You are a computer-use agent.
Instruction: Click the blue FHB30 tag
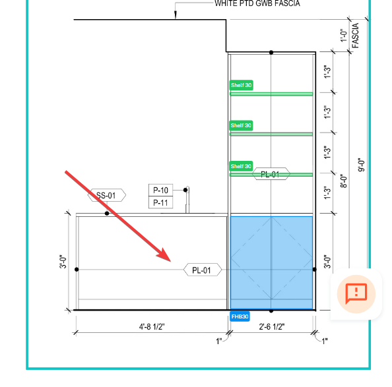[x=240, y=316]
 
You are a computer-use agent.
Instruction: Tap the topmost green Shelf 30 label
[x=241, y=85]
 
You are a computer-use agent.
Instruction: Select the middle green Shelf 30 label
[x=241, y=125]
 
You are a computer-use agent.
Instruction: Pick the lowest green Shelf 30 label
[x=241, y=166]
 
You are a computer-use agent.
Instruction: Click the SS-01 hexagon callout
[x=107, y=195]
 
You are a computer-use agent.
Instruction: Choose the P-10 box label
[x=160, y=191]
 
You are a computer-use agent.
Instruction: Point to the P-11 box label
[x=160, y=202]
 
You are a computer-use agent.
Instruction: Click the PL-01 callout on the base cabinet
[x=203, y=270]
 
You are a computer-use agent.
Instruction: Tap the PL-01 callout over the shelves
[x=271, y=174]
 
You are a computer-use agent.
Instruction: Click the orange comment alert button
[x=356, y=294]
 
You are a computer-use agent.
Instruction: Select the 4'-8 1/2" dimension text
[x=152, y=326]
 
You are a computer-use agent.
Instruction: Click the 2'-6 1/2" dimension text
[x=272, y=326]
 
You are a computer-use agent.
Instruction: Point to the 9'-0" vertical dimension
[x=362, y=165]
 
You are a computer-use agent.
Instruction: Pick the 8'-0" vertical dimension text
[x=344, y=181]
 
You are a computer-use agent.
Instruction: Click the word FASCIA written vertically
[x=355, y=35]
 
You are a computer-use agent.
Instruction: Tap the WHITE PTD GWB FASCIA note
[x=257, y=3]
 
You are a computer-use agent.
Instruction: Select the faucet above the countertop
[x=187, y=200]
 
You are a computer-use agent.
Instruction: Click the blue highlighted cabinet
[x=271, y=262]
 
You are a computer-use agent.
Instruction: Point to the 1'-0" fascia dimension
[x=344, y=36]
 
